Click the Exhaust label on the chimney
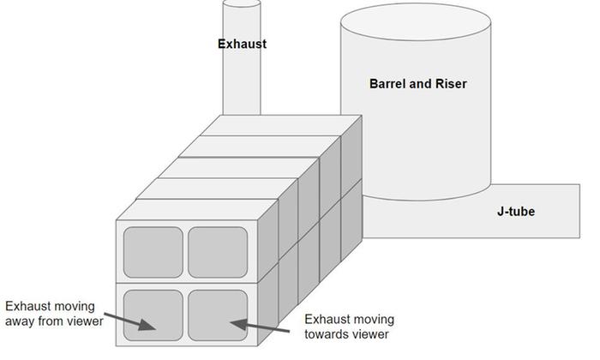pos(242,44)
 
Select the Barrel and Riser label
pos(417,84)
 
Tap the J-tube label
pos(516,211)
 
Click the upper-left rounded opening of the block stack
pos(153,251)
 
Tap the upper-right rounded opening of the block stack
pos(218,251)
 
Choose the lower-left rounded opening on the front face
pos(153,315)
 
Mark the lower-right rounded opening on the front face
pos(218,315)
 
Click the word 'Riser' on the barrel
pos(450,84)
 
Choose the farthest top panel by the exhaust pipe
pos(273,125)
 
